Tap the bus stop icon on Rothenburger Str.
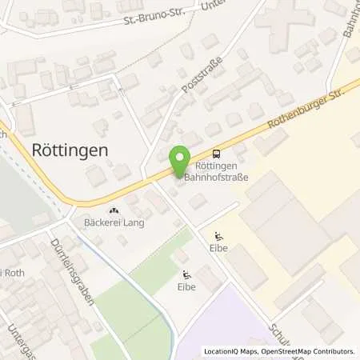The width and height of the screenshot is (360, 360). point(216,154)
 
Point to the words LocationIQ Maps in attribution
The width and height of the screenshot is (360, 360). point(230,351)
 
